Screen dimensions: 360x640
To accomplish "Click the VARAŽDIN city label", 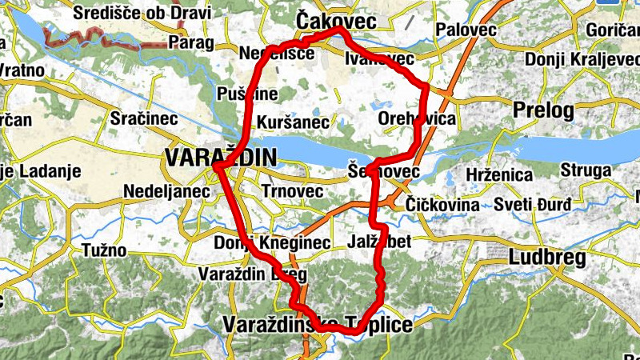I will tap(220, 158).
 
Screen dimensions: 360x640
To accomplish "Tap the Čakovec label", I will tap(336, 20).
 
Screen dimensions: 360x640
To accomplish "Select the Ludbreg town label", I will tap(547, 258).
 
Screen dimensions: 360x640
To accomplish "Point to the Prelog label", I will tap(544, 109).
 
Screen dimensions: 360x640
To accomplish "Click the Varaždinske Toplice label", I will tap(318, 324).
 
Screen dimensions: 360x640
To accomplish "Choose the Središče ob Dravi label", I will tap(142, 14).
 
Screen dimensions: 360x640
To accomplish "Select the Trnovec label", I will tap(292, 192).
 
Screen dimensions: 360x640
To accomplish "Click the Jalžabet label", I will tap(381, 241).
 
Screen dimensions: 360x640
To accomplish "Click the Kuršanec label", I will tap(294, 122).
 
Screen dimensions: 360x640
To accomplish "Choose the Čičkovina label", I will tap(442, 205).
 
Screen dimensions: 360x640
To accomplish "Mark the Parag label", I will tap(191, 42).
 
